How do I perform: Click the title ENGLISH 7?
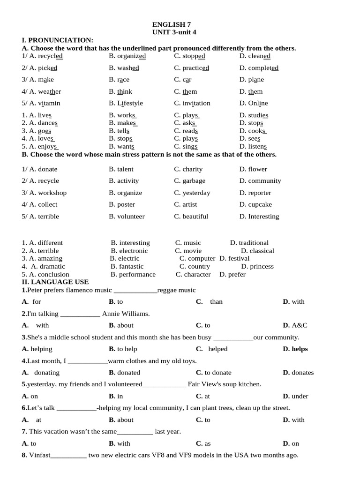[172, 24]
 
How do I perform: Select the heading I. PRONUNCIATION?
[58, 40]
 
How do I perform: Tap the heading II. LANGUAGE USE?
[55, 282]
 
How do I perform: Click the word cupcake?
[260, 204]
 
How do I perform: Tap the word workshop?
[52, 193]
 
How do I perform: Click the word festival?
[239, 258]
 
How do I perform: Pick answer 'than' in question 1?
[216, 301]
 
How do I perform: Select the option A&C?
[300, 325]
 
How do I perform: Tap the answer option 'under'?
[300, 396]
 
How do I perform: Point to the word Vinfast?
[39, 455]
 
